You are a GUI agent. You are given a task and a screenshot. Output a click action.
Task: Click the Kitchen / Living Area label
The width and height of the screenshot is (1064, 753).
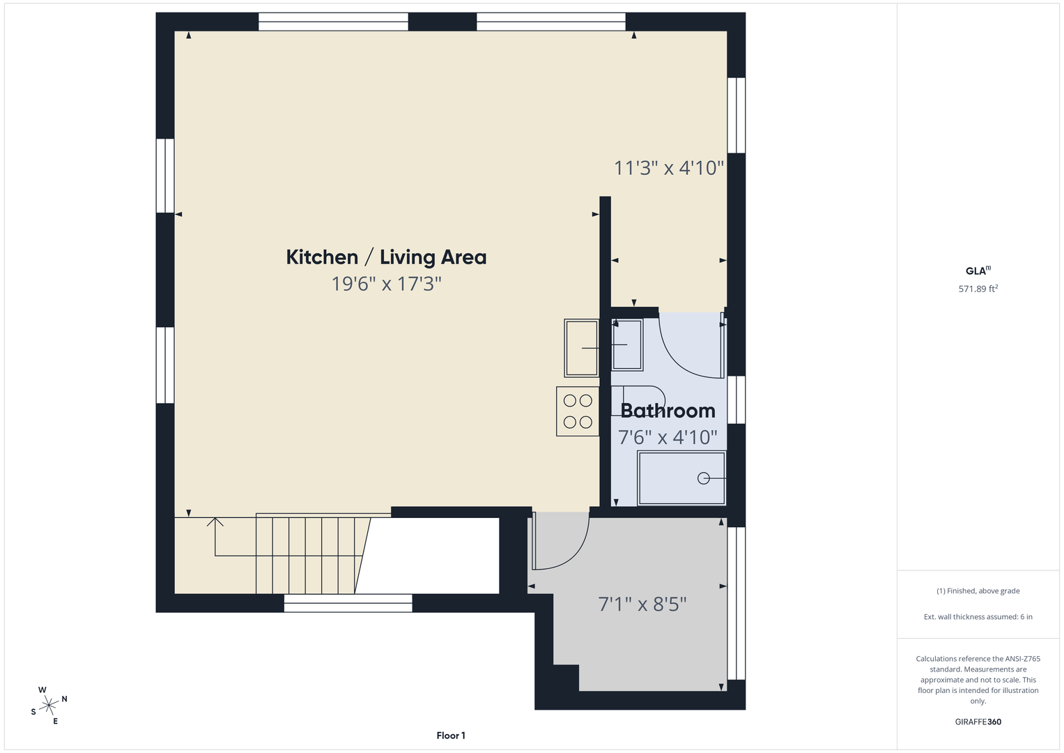click(x=386, y=257)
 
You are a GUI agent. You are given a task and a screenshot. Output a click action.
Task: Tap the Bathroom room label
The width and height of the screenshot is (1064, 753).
click(x=668, y=411)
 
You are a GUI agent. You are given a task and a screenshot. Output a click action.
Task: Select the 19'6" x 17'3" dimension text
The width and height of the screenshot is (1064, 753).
click(x=386, y=284)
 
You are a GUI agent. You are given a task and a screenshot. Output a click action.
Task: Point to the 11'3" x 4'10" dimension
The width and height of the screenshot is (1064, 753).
click(x=669, y=168)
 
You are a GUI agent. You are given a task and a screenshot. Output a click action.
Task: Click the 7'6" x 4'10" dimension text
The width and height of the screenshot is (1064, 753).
click(x=668, y=437)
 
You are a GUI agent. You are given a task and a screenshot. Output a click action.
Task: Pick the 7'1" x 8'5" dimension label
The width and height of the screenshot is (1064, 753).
click(x=642, y=604)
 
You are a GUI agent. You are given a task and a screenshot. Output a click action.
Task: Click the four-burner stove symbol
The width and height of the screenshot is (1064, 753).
click(x=578, y=411)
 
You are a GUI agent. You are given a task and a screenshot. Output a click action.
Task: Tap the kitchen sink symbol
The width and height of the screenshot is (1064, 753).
click(x=581, y=348)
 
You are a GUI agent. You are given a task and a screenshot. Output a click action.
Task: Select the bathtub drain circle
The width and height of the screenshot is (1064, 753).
click(x=704, y=478)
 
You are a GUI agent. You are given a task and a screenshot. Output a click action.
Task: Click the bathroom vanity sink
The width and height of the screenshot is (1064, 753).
click(x=627, y=344)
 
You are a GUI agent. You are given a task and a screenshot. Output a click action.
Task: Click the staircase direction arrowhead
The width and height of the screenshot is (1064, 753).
click(x=215, y=522)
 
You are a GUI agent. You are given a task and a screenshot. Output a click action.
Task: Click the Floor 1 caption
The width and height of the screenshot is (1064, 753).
click(x=451, y=736)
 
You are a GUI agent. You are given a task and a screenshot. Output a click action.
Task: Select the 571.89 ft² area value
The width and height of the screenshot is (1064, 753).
click(x=978, y=289)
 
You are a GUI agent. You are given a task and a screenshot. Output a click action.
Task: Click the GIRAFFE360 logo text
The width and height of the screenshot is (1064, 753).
click(x=978, y=722)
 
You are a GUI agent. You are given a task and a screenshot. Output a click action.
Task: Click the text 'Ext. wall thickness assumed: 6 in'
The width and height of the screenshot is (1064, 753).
click(x=978, y=616)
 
